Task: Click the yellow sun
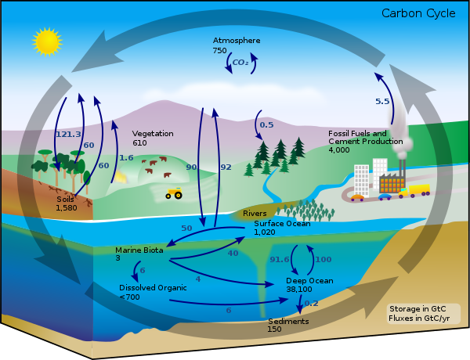coord(46,41)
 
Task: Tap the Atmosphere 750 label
coord(236,45)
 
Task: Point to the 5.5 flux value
coord(382,102)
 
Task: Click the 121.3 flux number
coord(68,134)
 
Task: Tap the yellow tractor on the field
coord(174,193)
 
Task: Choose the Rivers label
coord(255,213)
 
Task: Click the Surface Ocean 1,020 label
coord(282,227)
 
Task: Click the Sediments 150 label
coord(287,325)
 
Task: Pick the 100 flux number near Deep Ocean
coord(323,259)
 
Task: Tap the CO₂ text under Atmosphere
coord(240,62)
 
